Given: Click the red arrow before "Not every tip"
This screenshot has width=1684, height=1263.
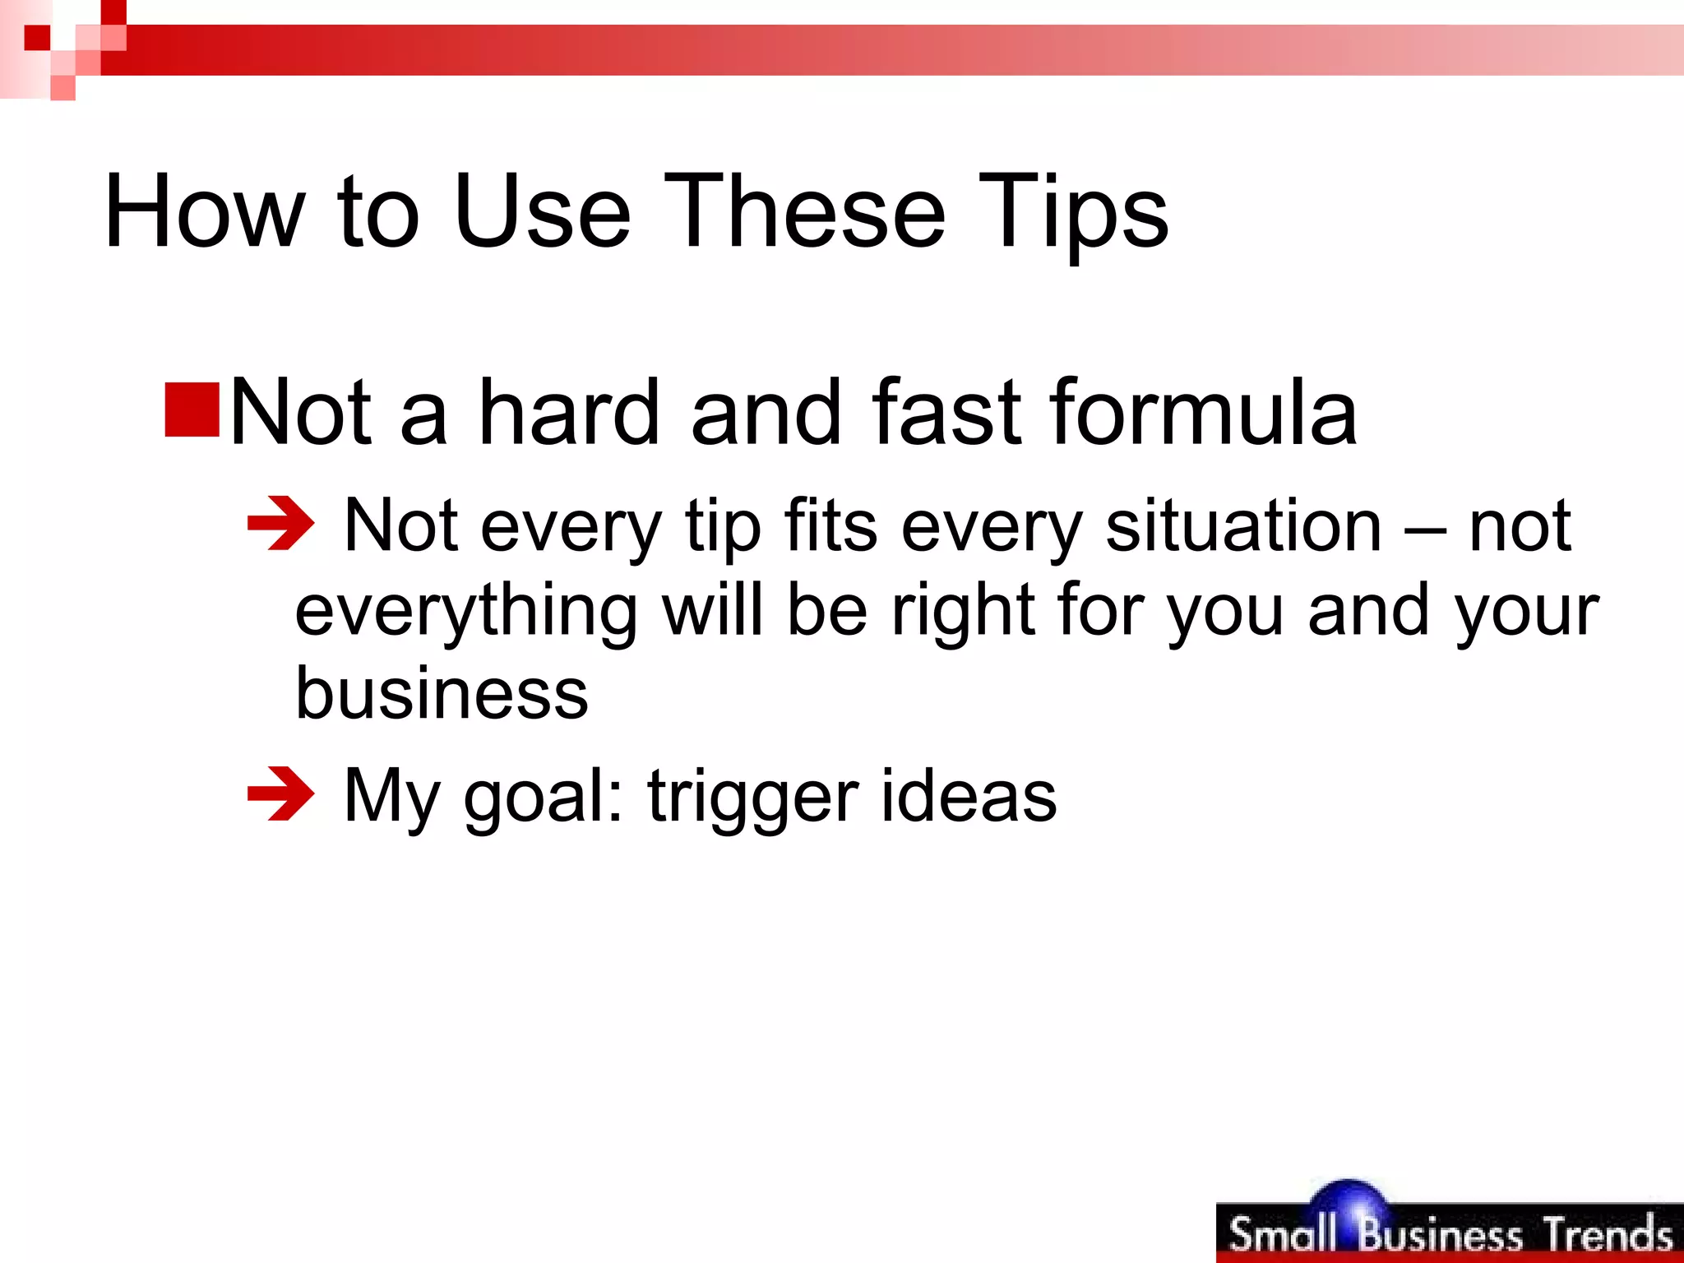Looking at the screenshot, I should pos(280,523).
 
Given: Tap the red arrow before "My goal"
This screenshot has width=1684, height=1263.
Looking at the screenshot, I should pos(280,793).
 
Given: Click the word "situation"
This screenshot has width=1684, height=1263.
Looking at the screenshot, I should pos(1243,526).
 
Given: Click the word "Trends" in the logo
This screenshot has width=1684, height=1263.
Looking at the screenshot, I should pos(1607,1234).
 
